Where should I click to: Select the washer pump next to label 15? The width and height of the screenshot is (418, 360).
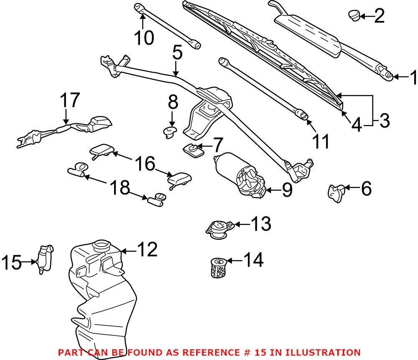(x=45, y=259)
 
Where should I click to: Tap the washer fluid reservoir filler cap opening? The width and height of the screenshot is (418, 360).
(x=101, y=245)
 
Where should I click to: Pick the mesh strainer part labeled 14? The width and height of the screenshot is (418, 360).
(x=218, y=267)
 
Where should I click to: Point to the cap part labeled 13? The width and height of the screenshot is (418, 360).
(x=218, y=228)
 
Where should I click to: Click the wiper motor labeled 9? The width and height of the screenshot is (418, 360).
(x=242, y=176)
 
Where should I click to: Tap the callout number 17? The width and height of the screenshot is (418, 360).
(x=69, y=101)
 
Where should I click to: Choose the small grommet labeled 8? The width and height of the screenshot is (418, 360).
(x=170, y=132)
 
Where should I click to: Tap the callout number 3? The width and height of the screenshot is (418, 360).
(x=383, y=121)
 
